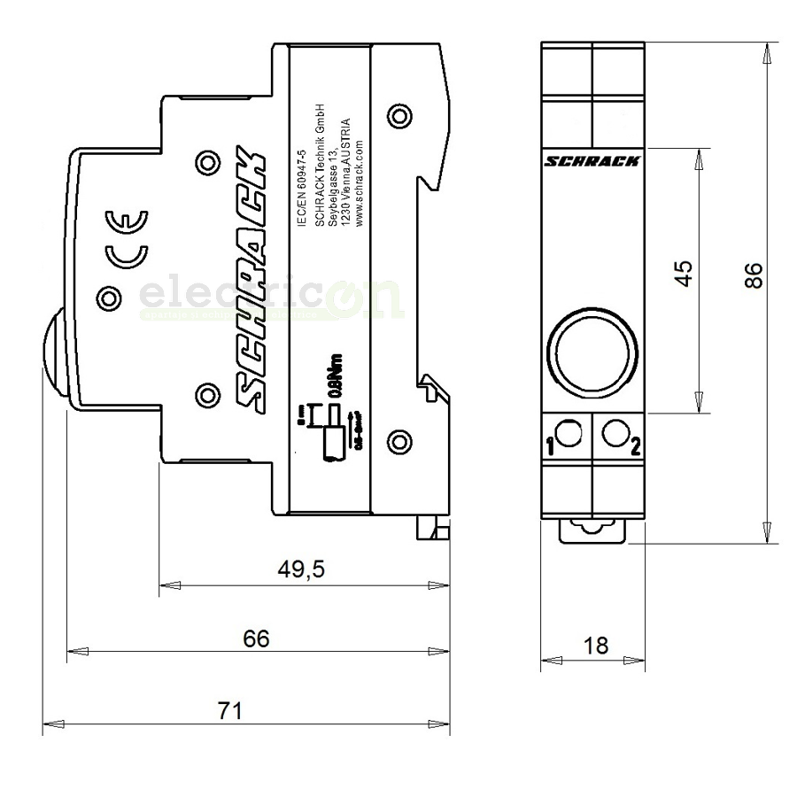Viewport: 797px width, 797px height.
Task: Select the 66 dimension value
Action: (x=256, y=638)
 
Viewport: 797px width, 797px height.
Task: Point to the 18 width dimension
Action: (x=597, y=646)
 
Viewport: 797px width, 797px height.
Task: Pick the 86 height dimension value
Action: (x=753, y=275)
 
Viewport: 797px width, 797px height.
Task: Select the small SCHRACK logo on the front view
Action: (x=592, y=161)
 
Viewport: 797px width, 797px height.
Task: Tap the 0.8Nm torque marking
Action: (x=336, y=376)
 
